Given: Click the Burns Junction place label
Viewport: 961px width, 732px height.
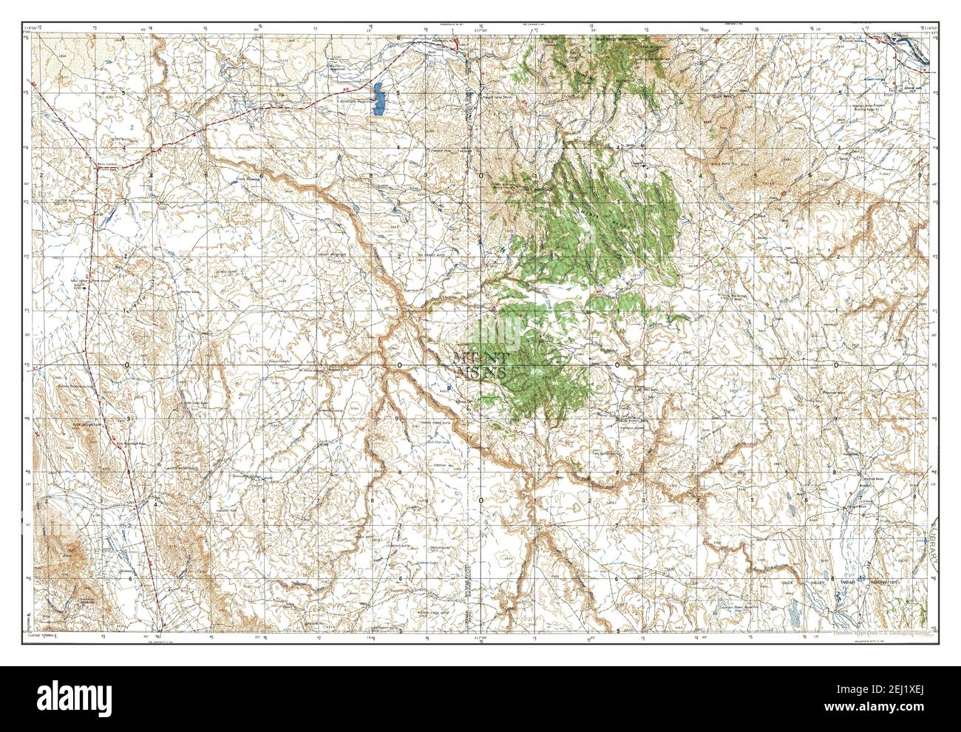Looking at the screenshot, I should click(108, 167).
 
